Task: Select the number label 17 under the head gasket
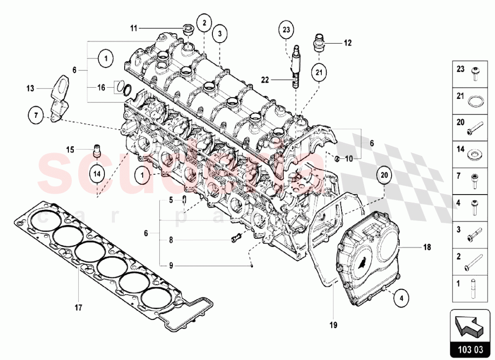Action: (78, 308)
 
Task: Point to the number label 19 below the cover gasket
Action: (333, 325)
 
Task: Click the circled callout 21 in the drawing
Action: (320, 72)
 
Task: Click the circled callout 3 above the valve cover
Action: (220, 34)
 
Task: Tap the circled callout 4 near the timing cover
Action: (401, 298)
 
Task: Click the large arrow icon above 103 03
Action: (469, 326)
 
